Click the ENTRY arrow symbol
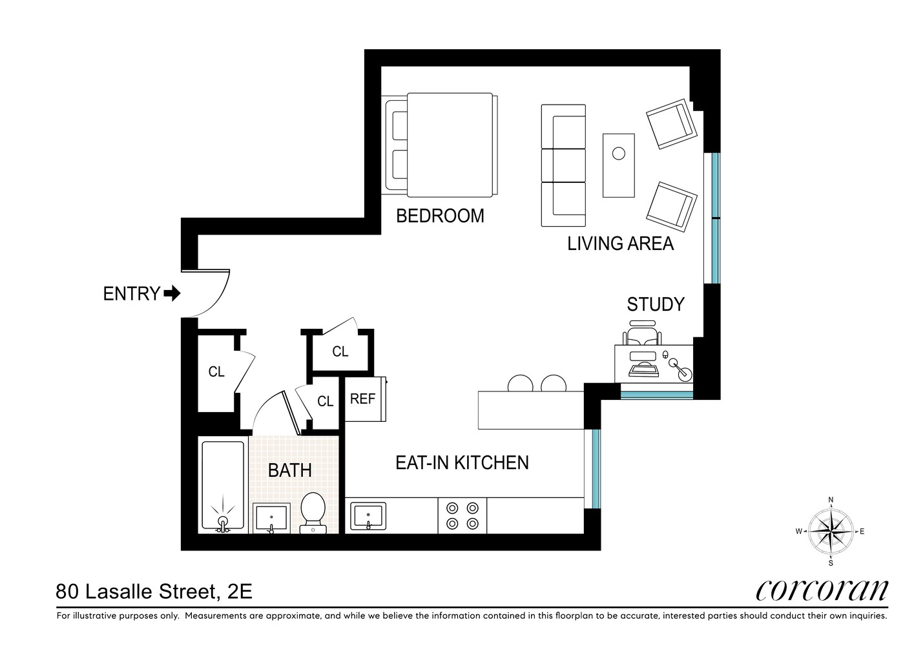point(172,294)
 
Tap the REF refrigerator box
point(364,399)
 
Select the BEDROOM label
point(440,216)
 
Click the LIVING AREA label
point(620,244)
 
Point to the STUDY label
point(656,304)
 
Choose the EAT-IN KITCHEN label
point(462,463)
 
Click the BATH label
point(290,470)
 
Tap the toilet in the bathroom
point(313,512)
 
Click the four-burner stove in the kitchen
point(462,516)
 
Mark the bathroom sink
point(271,518)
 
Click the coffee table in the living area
point(619,165)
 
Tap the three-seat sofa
point(563,165)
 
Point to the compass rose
point(831,531)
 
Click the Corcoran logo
point(822,590)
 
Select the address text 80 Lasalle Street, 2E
point(154,591)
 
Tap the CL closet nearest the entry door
point(216,372)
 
